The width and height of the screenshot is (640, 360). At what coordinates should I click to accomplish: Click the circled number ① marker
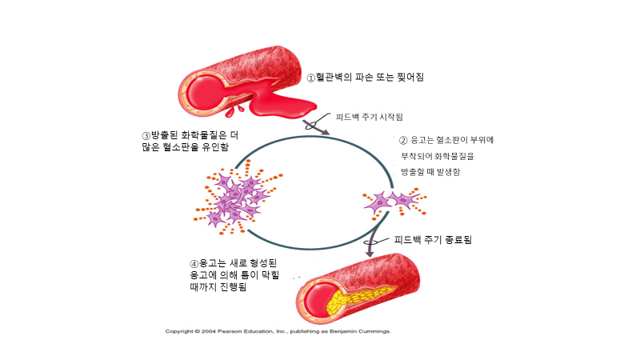point(312,78)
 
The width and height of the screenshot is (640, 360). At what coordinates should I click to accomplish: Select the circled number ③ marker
point(146,135)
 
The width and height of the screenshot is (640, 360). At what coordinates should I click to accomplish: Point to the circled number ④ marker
point(194,263)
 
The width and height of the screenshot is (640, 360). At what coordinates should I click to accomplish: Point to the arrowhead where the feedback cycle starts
point(324,131)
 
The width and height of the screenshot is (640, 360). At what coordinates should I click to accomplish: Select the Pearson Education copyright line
point(278,330)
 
